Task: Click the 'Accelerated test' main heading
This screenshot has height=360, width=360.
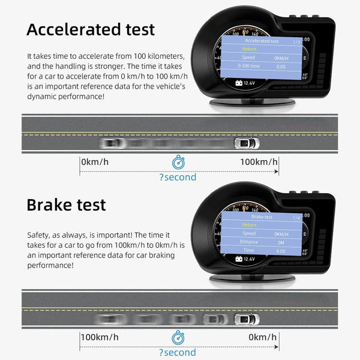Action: pos(91,29)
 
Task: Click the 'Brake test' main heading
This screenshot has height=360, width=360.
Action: pos(66,204)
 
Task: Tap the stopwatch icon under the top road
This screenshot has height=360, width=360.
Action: pos(178,162)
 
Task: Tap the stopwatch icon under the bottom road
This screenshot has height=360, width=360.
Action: pos(178,338)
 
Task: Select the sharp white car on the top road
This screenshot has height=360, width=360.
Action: pos(245,143)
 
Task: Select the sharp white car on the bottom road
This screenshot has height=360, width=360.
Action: pos(246,319)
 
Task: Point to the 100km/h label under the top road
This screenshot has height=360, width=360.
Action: pos(259,162)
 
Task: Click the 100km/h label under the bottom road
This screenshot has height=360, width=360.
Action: pos(100,337)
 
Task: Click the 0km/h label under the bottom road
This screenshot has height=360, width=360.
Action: pos(263,337)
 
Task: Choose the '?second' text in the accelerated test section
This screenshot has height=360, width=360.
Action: pos(178,177)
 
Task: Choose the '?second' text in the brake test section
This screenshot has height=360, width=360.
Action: pos(178,352)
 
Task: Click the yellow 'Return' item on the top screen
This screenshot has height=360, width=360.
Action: pos(249,49)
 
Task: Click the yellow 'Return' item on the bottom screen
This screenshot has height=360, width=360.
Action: pos(249,225)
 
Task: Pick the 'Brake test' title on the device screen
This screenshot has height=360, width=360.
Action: pos(262,217)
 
